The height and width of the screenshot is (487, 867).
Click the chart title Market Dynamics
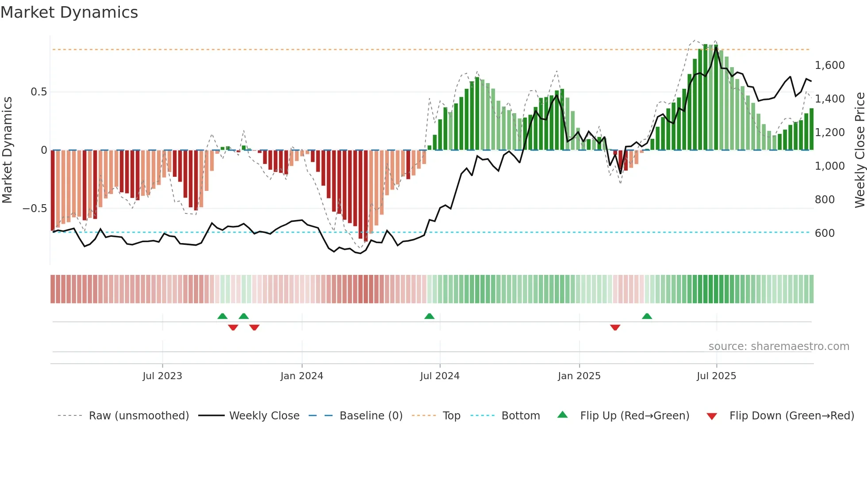click(x=69, y=12)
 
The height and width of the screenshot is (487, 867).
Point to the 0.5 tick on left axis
click(x=38, y=92)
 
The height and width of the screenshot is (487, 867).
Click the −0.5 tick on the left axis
click(x=35, y=209)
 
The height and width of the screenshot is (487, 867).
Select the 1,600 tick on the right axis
click(x=829, y=65)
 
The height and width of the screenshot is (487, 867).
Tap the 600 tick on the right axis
click(x=825, y=233)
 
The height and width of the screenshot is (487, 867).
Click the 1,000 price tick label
click(x=829, y=166)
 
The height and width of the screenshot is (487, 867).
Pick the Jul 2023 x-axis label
click(x=162, y=376)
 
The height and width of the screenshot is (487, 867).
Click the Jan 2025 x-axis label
click(x=579, y=376)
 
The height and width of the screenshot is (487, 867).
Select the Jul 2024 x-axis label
click(x=440, y=376)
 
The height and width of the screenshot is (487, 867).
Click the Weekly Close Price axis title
click(x=859, y=150)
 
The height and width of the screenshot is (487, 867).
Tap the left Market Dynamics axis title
click(x=7, y=150)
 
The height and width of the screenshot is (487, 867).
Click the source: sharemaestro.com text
click(x=779, y=346)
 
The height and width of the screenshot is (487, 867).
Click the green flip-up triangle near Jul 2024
click(x=429, y=316)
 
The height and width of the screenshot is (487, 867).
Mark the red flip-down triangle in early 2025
click(x=615, y=327)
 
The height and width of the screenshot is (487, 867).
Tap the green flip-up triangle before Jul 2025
click(x=647, y=316)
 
